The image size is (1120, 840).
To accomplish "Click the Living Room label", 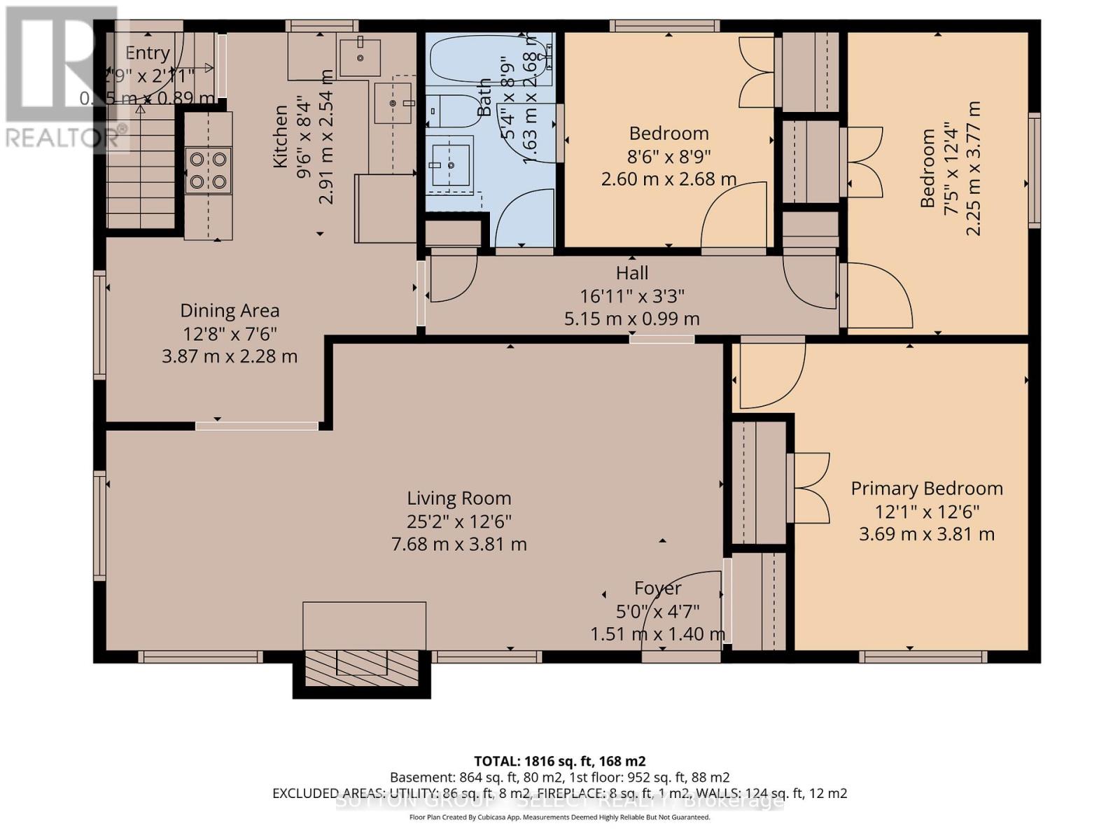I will click(459, 498).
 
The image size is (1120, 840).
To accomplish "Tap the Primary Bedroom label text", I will click(926, 489).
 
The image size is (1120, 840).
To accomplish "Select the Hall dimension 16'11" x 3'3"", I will click(631, 296).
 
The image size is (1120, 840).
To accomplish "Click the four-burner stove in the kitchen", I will click(208, 171).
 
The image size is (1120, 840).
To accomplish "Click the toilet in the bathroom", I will click(454, 111).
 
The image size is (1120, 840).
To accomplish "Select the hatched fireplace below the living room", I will click(361, 671).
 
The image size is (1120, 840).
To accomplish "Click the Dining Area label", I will click(230, 311).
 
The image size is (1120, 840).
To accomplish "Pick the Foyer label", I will click(657, 589).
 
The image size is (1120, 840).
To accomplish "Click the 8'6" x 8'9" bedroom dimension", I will click(668, 156).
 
